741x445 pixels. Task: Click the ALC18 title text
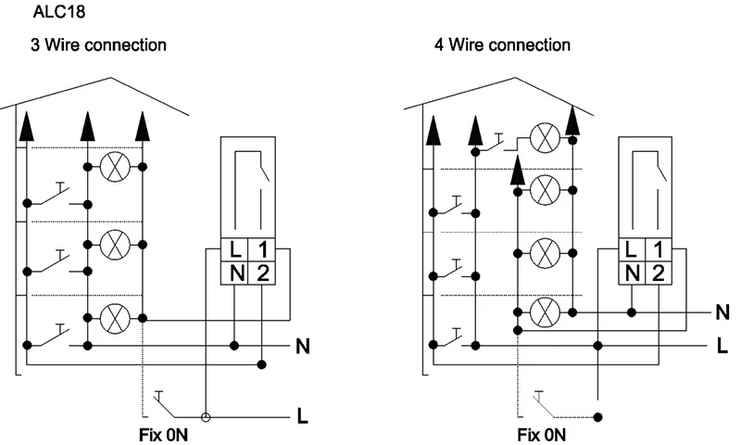59,11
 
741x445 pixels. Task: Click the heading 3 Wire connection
99,44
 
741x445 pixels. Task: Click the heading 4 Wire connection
502,44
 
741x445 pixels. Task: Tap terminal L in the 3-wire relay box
235,249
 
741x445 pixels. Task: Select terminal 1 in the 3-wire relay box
262,249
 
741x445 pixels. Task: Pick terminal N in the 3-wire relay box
237,273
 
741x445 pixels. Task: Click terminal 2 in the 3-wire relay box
262,273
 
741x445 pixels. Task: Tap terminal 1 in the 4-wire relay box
659,249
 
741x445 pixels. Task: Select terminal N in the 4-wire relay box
633,273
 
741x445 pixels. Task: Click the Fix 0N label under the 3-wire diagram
163,435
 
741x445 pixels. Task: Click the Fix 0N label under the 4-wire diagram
541,435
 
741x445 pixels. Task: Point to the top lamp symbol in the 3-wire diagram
115,167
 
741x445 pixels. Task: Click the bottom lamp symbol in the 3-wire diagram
115,318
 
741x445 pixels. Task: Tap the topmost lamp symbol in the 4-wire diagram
545,138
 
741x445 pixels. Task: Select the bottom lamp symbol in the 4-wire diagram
545,312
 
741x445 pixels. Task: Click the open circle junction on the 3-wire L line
206,417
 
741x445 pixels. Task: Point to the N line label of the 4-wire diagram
722,312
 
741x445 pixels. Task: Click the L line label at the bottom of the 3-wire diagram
303,416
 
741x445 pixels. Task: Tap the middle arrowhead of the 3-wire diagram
87,127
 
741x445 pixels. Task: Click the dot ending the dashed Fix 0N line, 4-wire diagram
598,417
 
